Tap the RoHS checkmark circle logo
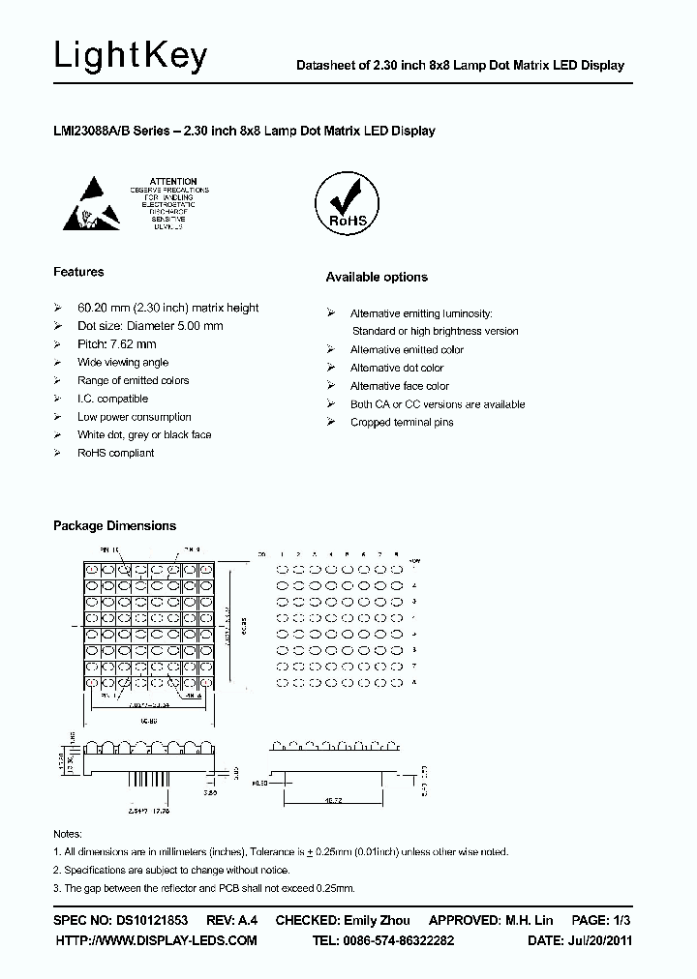click(347, 204)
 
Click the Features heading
click(78, 272)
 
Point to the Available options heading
click(376, 278)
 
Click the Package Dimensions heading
click(114, 526)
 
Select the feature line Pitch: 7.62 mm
click(116, 344)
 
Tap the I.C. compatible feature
click(112, 399)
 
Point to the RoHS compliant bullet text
click(115, 453)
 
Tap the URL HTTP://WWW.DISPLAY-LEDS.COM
click(156, 940)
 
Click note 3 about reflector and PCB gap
click(203, 887)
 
